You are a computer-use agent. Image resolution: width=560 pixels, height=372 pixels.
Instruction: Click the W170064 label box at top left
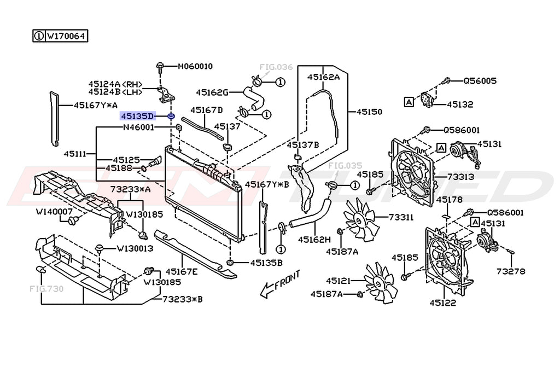tap(61, 36)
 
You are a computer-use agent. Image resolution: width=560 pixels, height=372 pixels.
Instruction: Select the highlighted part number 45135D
tap(138, 116)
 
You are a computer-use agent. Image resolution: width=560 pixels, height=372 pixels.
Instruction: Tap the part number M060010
tap(195, 67)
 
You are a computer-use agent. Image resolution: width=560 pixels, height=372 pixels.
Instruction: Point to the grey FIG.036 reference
tap(276, 67)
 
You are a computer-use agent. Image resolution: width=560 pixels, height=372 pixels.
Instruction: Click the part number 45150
tap(369, 112)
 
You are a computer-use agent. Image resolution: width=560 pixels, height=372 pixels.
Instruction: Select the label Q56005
tap(480, 80)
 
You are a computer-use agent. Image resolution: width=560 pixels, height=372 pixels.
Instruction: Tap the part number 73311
tap(401, 217)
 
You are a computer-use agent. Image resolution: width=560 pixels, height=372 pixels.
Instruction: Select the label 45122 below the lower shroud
tap(442, 302)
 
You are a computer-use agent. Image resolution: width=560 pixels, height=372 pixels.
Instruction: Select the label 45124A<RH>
tap(115, 84)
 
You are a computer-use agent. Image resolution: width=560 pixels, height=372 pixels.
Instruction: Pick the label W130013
tap(134, 248)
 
